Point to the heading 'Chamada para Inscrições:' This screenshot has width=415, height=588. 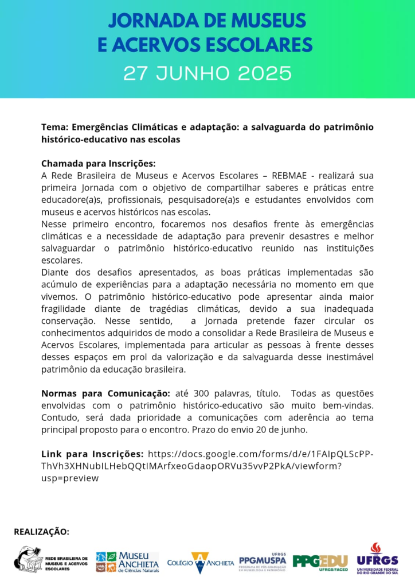98,163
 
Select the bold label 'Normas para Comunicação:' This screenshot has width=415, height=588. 105,393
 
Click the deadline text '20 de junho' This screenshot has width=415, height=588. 326,430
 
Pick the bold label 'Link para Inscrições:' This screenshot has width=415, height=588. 92,453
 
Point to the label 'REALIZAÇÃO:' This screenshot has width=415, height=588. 41,532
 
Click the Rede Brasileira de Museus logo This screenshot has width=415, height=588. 52,560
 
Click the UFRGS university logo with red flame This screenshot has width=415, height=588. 377,559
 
